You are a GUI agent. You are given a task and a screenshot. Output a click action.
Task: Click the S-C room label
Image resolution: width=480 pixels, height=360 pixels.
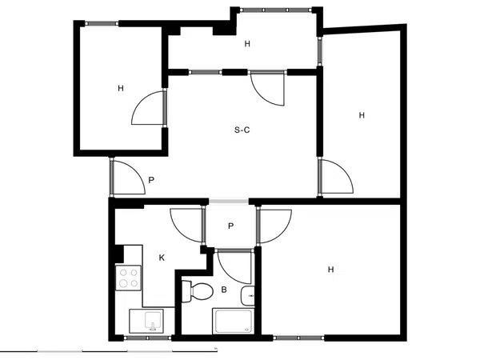(242, 130)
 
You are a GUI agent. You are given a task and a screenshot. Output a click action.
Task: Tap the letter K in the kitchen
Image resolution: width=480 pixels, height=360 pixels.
(162, 258)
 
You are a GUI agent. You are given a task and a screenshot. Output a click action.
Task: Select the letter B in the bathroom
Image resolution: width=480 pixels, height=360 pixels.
(224, 290)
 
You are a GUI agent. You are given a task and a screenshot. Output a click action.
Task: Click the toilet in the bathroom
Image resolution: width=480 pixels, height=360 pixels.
(198, 292)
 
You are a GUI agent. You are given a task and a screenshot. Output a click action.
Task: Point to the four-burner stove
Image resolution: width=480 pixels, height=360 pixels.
(129, 278)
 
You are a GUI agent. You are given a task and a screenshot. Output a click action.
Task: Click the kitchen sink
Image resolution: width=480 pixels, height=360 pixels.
(146, 321)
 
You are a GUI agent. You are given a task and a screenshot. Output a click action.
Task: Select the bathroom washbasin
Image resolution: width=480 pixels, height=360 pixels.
(248, 296)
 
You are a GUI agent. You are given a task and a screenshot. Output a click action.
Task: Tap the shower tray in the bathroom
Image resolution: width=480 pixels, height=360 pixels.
(234, 321)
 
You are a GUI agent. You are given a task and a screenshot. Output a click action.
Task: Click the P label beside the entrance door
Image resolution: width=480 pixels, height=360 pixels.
(151, 180)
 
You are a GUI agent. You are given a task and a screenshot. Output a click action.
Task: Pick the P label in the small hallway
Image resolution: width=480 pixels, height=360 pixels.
(231, 226)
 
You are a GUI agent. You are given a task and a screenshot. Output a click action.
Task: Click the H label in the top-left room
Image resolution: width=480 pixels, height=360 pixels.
(121, 89)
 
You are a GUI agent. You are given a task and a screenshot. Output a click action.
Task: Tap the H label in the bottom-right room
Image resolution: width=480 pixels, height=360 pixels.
(330, 270)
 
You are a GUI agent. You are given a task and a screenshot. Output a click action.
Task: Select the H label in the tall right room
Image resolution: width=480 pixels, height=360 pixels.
(362, 115)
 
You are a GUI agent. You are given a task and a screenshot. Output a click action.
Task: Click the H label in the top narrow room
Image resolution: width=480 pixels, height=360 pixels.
(247, 44)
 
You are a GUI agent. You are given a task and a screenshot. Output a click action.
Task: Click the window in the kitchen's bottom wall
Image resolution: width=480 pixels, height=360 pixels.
(147, 338)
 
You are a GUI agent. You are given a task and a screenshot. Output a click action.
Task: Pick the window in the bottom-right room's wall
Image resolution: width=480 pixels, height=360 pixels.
(298, 338)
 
